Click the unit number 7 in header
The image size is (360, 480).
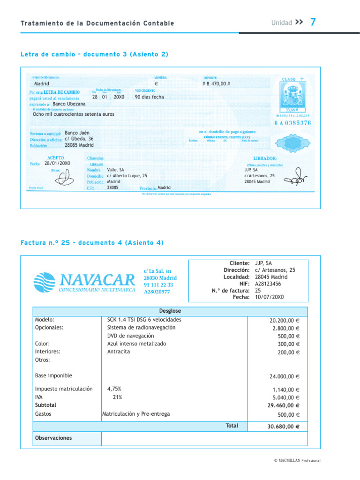coord(313,22)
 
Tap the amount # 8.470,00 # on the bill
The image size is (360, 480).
coord(216,84)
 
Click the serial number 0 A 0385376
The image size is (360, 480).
coord(293,123)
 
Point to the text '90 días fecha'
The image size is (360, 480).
coord(150,97)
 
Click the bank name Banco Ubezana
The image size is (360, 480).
coord(69,104)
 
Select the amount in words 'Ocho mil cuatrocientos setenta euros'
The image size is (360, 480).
coord(74,114)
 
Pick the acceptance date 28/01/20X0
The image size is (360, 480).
coord(57,164)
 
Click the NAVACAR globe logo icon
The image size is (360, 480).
coord(45,282)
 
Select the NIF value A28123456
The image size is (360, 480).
coord(268,284)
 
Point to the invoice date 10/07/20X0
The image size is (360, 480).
coord(270,297)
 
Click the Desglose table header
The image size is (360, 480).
coord(170,311)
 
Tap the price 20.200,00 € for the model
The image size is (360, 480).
coord(285,320)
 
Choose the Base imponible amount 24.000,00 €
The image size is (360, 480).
coord(285,376)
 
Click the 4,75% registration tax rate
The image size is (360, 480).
coord(114,389)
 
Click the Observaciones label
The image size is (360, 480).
coord(53,438)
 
